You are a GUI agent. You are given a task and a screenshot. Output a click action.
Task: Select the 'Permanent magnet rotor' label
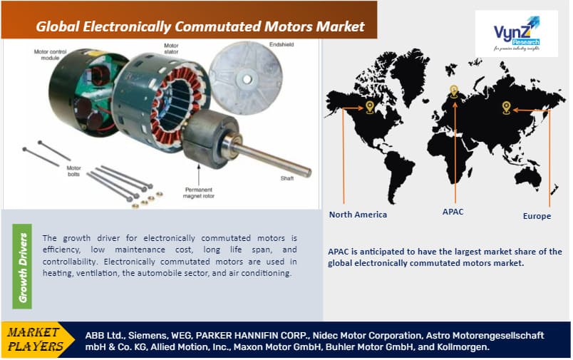pyautogui.click(x=202, y=193)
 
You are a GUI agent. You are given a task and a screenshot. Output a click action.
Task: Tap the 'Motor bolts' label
pyautogui.click(x=73, y=172)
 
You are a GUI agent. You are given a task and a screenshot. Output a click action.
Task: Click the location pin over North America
pyautogui.click(x=369, y=107)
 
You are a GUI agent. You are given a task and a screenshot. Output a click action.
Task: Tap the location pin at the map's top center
pyautogui.click(x=453, y=91)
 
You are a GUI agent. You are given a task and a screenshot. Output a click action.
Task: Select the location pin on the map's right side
pyautogui.click(x=506, y=108)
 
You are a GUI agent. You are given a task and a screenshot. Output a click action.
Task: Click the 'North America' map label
pyautogui.click(x=358, y=215)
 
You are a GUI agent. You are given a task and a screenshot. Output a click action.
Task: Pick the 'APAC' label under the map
pyautogui.click(x=453, y=212)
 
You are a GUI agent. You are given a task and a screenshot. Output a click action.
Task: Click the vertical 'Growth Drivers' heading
pyautogui.click(x=24, y=267)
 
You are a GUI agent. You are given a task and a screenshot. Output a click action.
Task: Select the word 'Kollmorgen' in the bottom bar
pyautogui.click(x=464, y=347)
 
